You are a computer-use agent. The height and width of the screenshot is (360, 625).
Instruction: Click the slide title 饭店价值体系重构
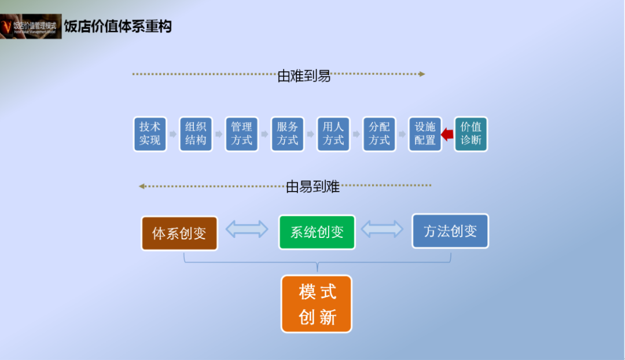pyautogui.click(x=117, y=27)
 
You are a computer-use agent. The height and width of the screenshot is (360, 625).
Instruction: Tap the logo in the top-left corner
pyautogui.click(x=31, y=26)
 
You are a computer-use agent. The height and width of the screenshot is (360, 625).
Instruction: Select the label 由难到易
pyautogui.click(x=304, y=76)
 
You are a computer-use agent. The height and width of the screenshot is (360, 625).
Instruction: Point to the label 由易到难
pyautogui.click(x=312, y=187)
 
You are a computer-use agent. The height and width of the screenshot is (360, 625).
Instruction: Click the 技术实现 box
pyautogui.click(x=150, y=134)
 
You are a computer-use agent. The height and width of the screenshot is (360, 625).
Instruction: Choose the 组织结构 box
pyautogui.click(x=196, y=134)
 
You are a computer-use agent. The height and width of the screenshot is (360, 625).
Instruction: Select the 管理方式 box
pyautogui.click(x=241, y=134)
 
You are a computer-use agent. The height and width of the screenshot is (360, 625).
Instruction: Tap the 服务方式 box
pyautogui.click(x=288, y=134)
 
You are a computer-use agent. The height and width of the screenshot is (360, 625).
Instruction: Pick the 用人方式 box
pyautogui.click(x=333, y=134)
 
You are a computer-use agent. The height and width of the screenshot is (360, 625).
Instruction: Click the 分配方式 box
pyautogui.click(x=379, y=134)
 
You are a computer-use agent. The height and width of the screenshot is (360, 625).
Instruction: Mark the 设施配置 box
pyautogui.click(x=425, y=134)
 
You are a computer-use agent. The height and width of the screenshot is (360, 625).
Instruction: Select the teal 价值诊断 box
pyautogui.click(x=470, y=134)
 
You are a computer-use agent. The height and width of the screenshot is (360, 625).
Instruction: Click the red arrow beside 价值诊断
pyautogui.click(x=447, y=134)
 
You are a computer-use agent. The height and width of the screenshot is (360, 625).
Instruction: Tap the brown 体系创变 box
pyautogui.click(x=179, y=233)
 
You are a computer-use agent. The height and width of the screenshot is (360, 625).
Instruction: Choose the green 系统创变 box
pyautogui.click(x=317, y=232)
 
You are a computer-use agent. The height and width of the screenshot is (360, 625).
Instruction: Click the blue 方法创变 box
pyautogui.click(x=450, y=231)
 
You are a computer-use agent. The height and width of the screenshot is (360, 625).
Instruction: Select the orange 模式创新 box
pyautogui.click(x=317, y=304)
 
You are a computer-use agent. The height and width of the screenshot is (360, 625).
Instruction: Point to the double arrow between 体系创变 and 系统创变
pyautogui.click(x=247, y=229)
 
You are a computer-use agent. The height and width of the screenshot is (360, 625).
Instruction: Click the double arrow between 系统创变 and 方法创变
pyautogui.click(x=383, y=229)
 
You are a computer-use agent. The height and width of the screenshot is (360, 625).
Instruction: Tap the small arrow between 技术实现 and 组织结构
pyautogui.click(x=172, y=134)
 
